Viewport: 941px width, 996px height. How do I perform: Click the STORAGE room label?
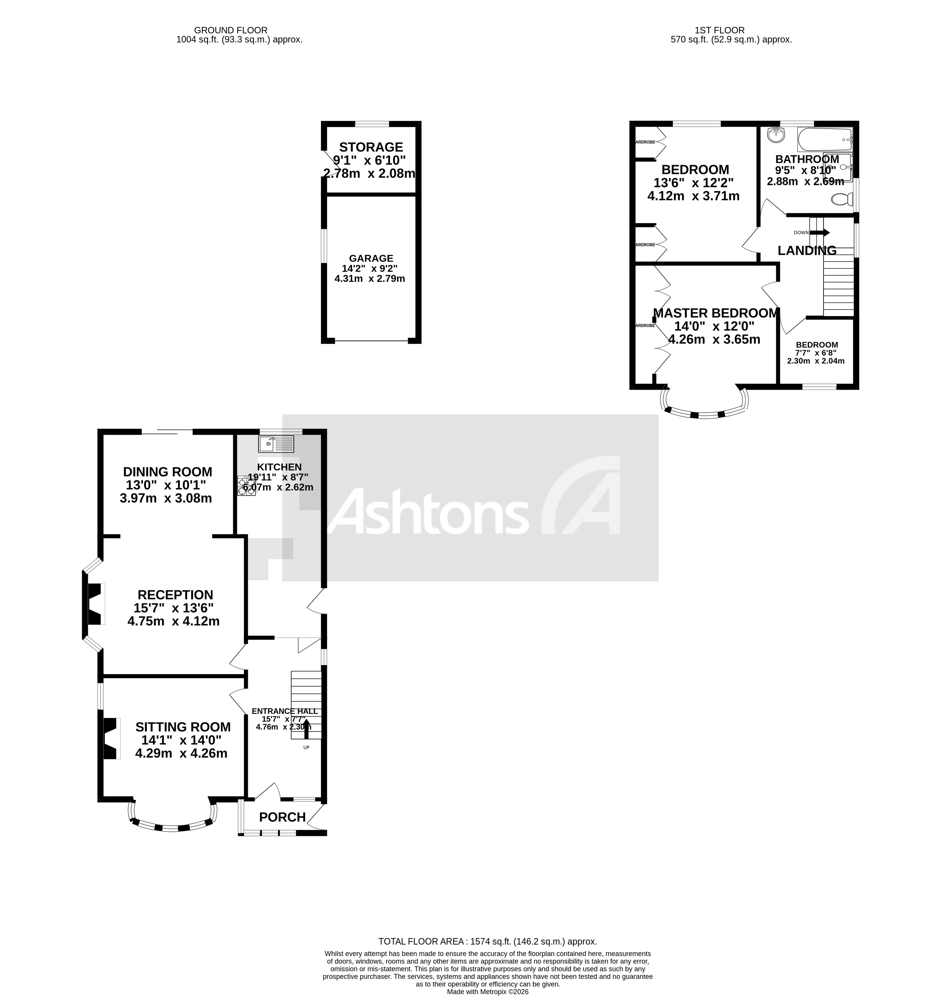tap(371, 147)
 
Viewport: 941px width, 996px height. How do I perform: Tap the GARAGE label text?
tap(371, 258)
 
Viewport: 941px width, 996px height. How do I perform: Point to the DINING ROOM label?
tap(168, 472)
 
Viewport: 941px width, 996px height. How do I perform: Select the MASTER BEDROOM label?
tap(716, 313)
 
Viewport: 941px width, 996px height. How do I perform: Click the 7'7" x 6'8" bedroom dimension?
tap(816, 353)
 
